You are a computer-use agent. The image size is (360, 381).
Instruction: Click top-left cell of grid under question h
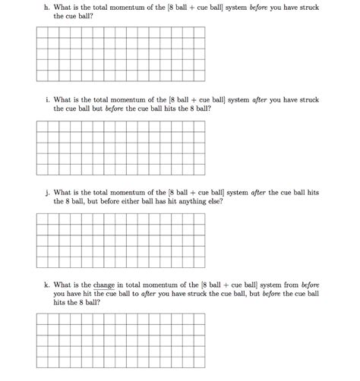point(42,32)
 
